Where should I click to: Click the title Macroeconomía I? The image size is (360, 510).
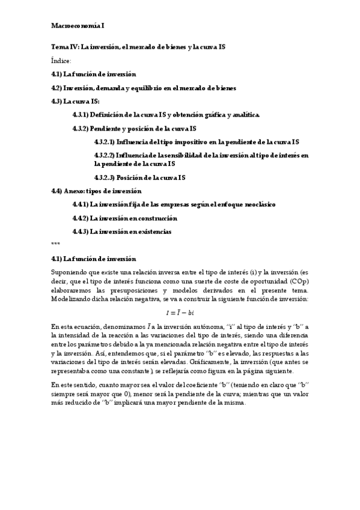point(78,26)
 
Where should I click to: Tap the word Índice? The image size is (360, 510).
point(61,60)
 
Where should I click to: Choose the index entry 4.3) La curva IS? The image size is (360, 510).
point(75,101)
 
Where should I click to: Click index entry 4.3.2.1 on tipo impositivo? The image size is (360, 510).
point(196,141)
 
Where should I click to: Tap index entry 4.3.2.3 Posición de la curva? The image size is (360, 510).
point(139,177)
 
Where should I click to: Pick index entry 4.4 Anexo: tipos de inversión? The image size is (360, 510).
point(100,191)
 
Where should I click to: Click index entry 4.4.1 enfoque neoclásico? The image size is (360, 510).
point(174,204)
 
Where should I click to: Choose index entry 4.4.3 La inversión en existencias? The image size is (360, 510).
point(121,231)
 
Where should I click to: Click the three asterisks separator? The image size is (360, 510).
point(55,244)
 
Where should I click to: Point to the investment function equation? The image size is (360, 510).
point(180,312)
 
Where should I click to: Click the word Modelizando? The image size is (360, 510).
point(72,298)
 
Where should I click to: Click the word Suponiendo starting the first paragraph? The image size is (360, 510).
point(70,272)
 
